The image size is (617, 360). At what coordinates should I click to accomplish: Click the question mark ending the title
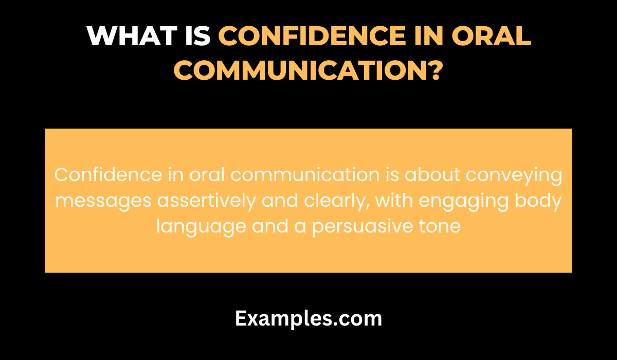point(435,70)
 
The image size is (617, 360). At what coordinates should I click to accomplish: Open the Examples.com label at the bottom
point(308,319)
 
